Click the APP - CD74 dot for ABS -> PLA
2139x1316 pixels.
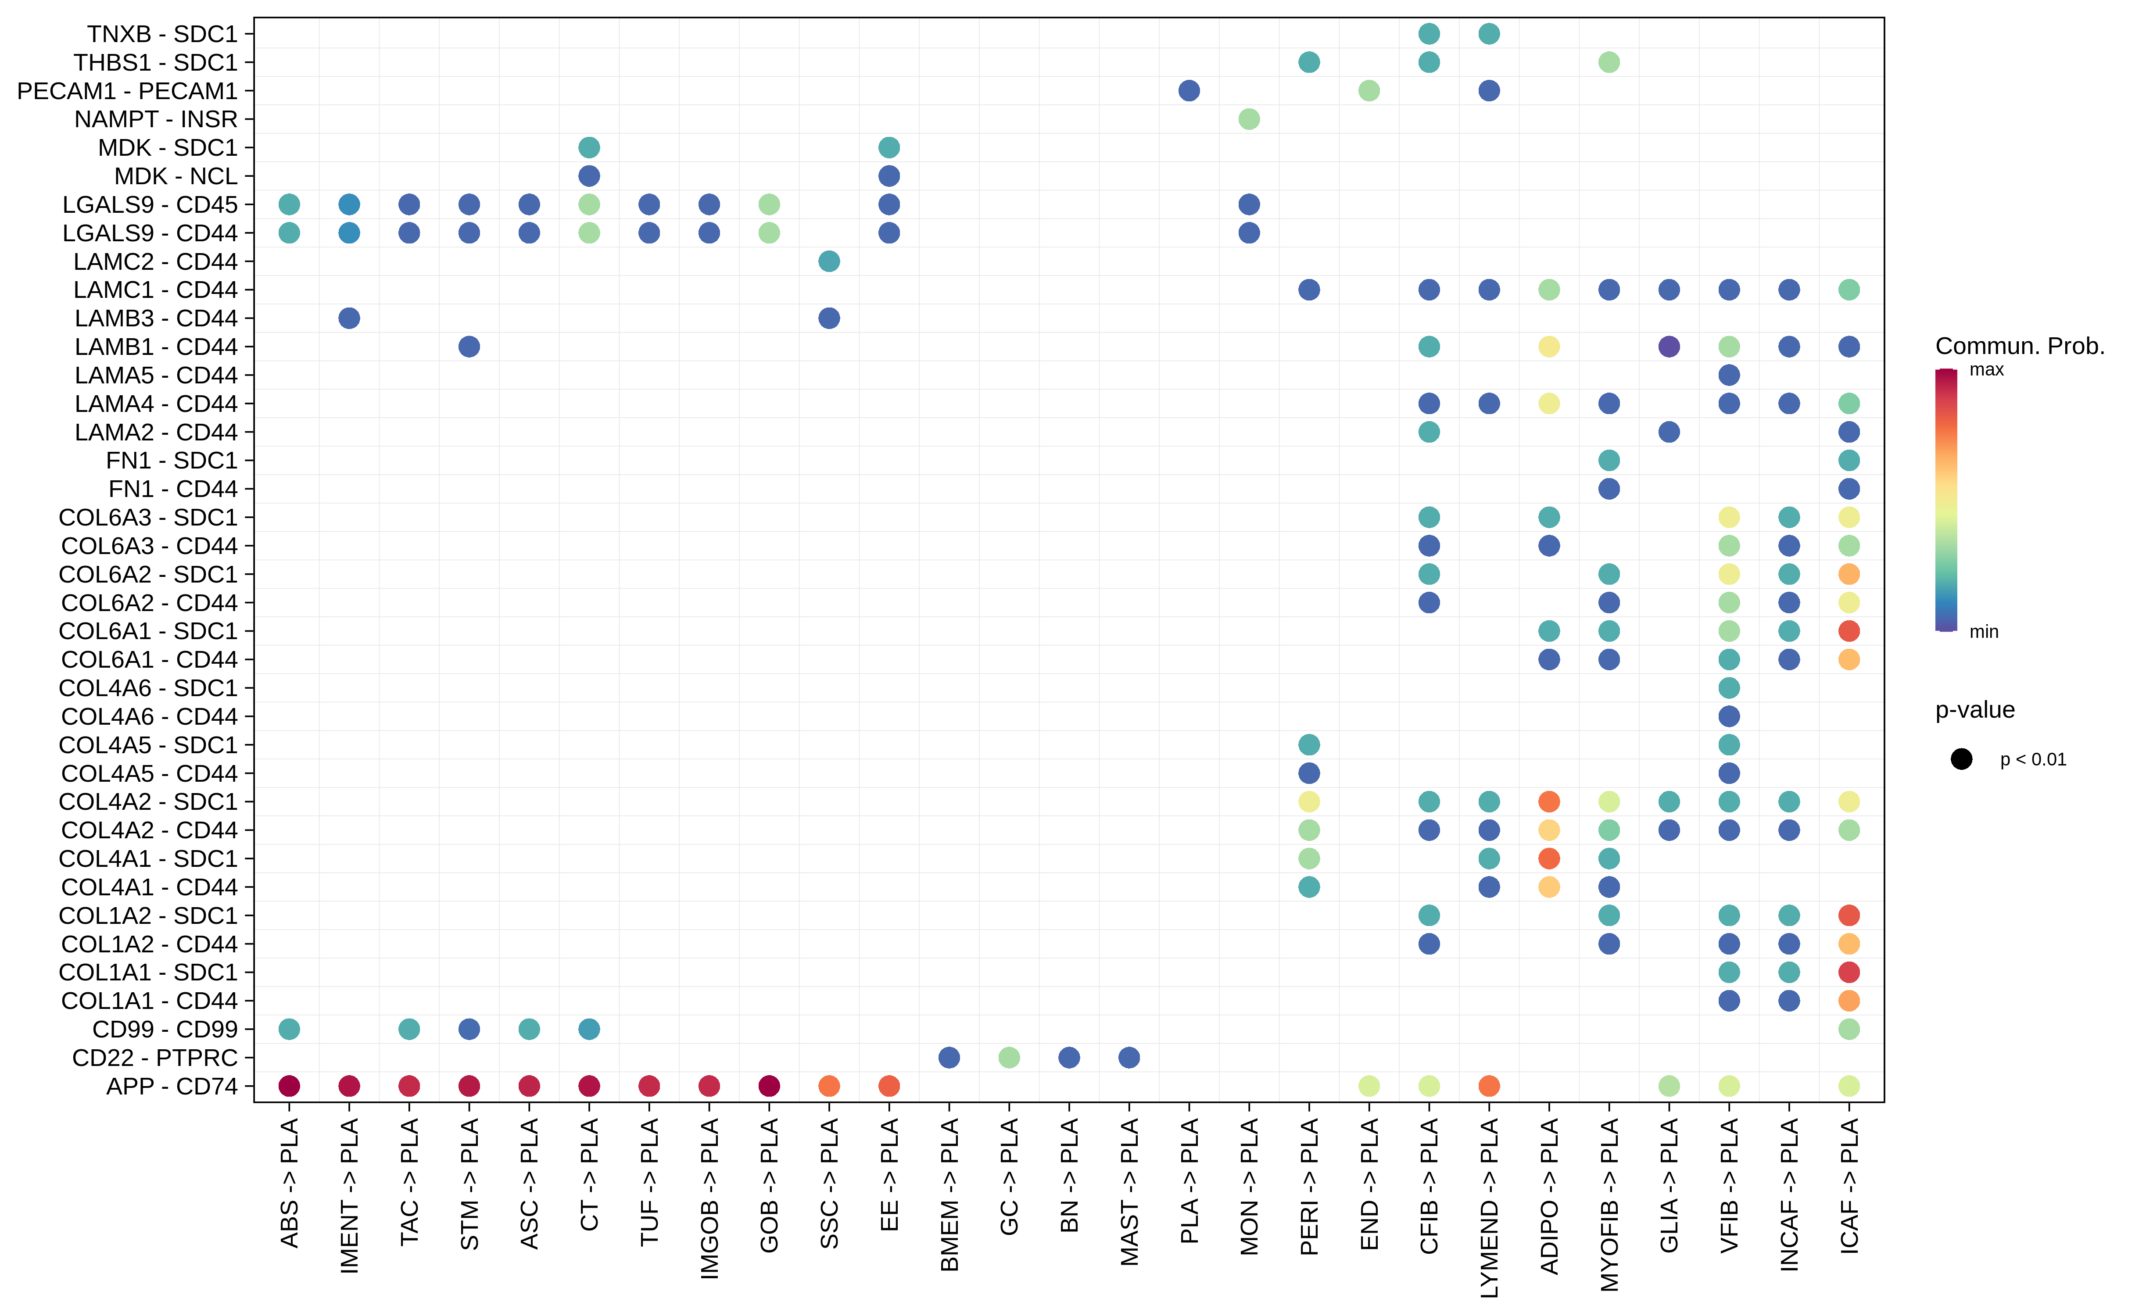pos(289,1085)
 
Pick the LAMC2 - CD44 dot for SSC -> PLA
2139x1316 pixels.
pos(829,261)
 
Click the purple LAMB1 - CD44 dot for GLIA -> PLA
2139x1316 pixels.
pos(1669,347)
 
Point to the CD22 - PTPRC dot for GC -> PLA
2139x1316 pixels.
pos(1009,1058)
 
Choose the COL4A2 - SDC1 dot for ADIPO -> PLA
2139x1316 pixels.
pos(1549,801)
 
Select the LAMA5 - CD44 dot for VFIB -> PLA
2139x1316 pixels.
pos(1729,375)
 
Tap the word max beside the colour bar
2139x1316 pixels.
pos(1987,370)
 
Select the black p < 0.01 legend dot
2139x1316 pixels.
pos(1961,759)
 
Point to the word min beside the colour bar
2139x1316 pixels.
pos(1984,632)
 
